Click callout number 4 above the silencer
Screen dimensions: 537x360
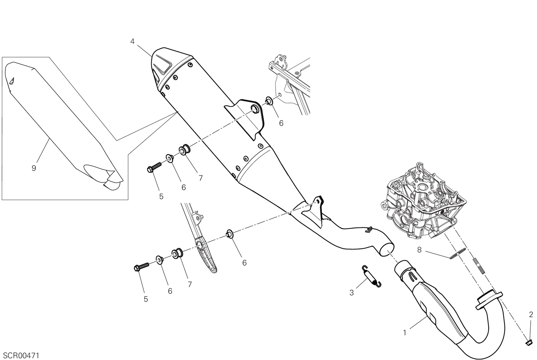click(x=132, y=42)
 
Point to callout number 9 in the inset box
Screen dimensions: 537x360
click(x=34, y=168)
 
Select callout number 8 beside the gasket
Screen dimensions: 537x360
click(x=419, y=250)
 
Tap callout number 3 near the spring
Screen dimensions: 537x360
click(x=352, y=293)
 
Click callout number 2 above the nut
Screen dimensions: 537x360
click(x=531, y=314)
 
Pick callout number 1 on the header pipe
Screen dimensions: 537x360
click(x=405, y=333)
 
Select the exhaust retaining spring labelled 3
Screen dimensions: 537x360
click(x=371, y=276)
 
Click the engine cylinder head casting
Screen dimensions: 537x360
click(x=423, y=201)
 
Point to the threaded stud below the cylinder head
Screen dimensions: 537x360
click(x=479, y=265)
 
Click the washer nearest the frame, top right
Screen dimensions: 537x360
click(x=269, y=101)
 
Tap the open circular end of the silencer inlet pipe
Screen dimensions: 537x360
click(x=387, y=249)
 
